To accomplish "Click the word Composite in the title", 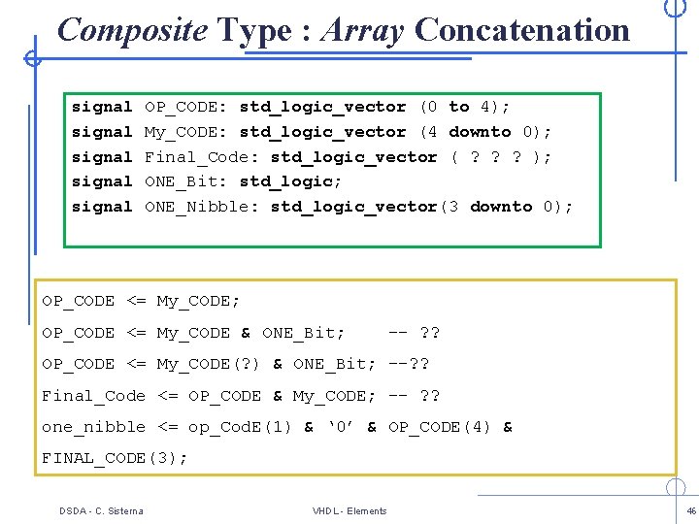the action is pyautogui.click(x=132, y=30).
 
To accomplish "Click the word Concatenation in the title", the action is pyautogui.click(x=521, y=30).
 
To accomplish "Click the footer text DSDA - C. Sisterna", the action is pyautogui.click(x=100, y=510).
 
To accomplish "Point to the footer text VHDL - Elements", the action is pyautogui.click(x=349, y=510).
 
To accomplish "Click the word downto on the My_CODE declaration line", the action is pyautogui.click(x=480, y=132).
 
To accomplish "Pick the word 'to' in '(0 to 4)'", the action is pyautogui.click(x=459, y=107).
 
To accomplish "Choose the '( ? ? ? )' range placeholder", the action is pyautogui.click(x=501, y=157).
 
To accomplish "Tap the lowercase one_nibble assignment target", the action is pyautogui.click(x=93, y=427).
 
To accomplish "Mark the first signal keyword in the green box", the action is pyautogui.click(x=102, y=107).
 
